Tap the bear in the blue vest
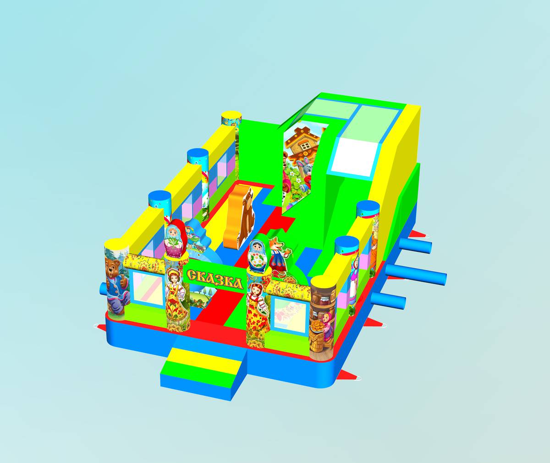click(117, 286)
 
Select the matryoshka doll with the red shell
click(176, 239)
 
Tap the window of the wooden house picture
click(306, 146)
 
